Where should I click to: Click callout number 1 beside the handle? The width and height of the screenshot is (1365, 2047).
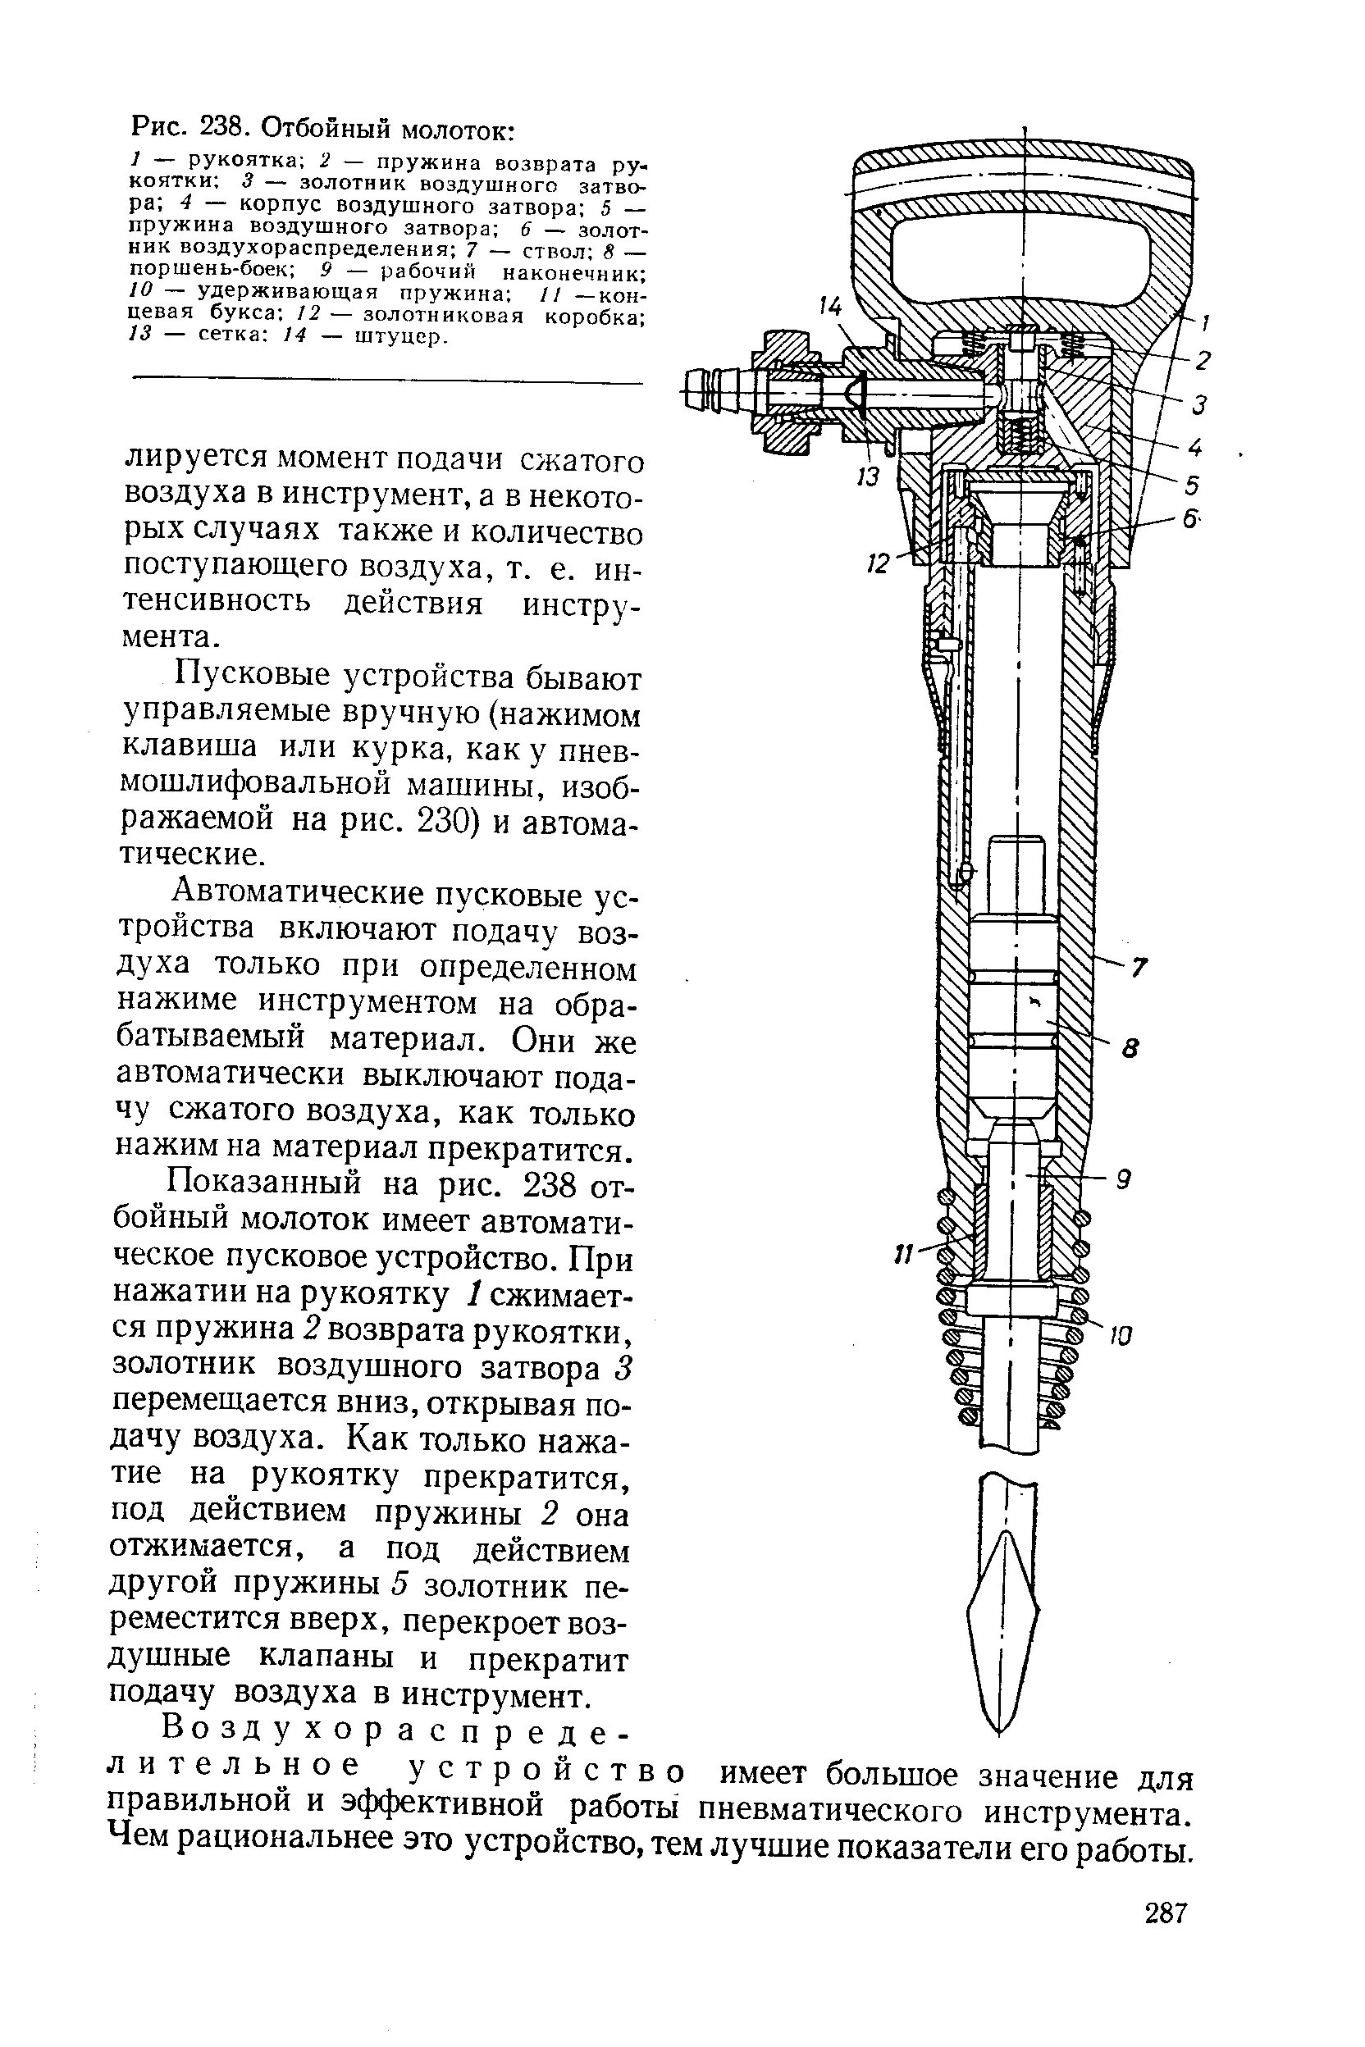click(1206, 324)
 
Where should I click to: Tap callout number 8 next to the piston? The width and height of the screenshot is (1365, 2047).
click(1130, 1050)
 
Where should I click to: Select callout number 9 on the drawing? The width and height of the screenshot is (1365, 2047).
click(1124, 1181)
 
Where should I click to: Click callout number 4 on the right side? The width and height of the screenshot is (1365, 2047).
click(1195, 447)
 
